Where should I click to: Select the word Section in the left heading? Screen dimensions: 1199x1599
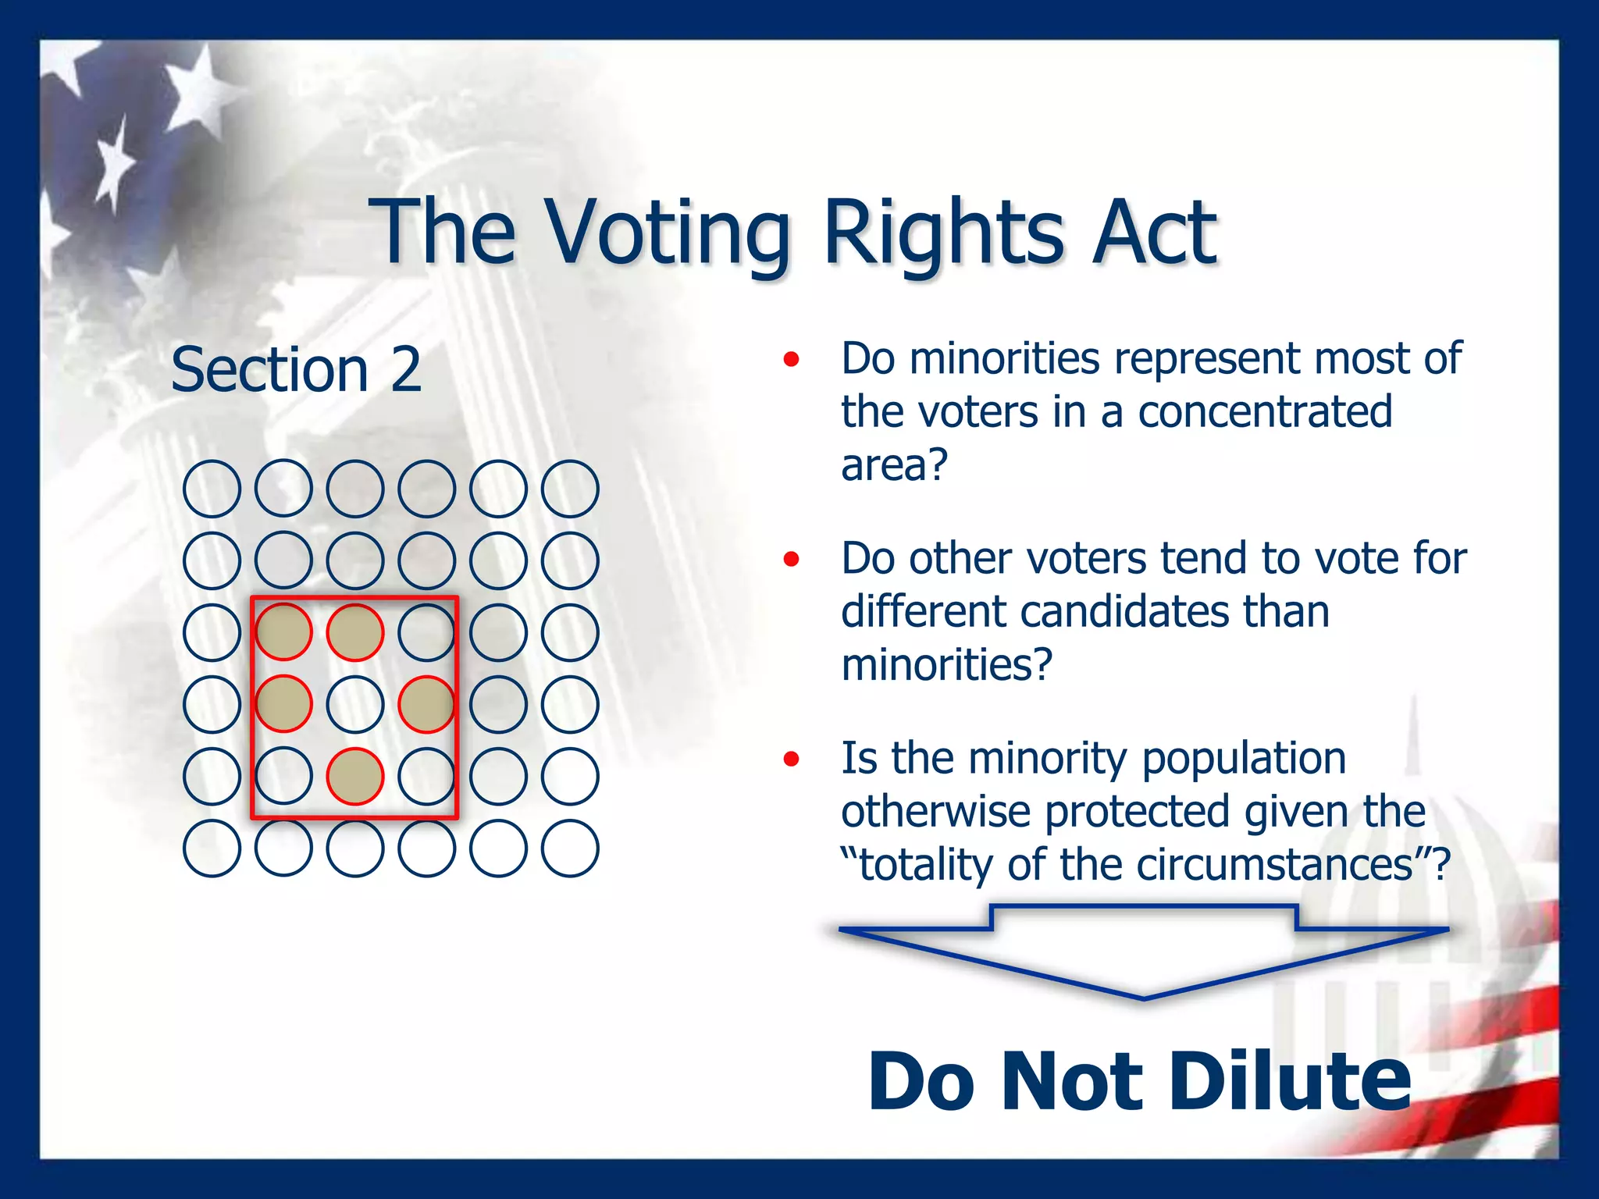pyautogui.click(x=269, y=369)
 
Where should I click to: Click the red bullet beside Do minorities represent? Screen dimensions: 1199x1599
pyautogui.click(x=792, y=359)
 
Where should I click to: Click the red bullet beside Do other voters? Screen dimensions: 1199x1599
pyautogui.click(x=792, y=559)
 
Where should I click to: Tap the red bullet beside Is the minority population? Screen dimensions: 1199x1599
pyautogui.click(x=792, y=759)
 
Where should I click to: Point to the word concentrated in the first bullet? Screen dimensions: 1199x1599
pyautogui.click(x=1264, y=411)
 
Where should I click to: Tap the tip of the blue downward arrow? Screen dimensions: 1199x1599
pyautogui.click(x=1144, y=997)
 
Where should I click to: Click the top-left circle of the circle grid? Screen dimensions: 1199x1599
pyautogui.click(x=212, y=489)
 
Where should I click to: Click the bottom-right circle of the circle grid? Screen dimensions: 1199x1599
pyautogui.click(x=570, y=848)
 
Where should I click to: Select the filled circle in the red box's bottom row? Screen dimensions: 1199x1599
pyautogui.click(x=355, y=776)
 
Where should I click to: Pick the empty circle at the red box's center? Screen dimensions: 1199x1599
pyautogui.click(x=355, y=704)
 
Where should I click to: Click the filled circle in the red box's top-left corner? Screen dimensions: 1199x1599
pyautogui.click(x=283, y=632)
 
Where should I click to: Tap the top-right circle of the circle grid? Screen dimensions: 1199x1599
pyautogui.click(x=570, y=489)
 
